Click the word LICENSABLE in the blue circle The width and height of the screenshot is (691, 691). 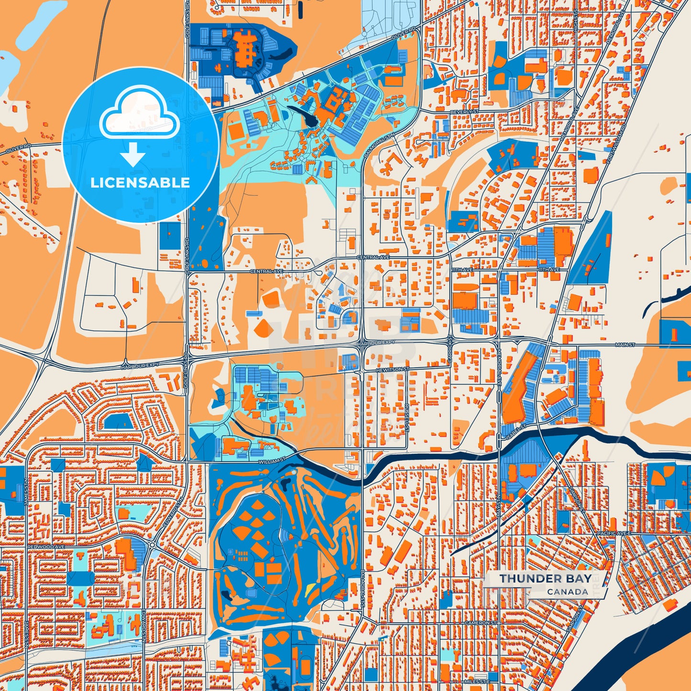140,183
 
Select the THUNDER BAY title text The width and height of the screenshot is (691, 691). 545,579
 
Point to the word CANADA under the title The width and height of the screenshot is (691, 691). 568,592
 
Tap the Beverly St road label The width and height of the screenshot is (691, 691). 464,112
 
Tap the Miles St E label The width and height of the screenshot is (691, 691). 477,681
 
